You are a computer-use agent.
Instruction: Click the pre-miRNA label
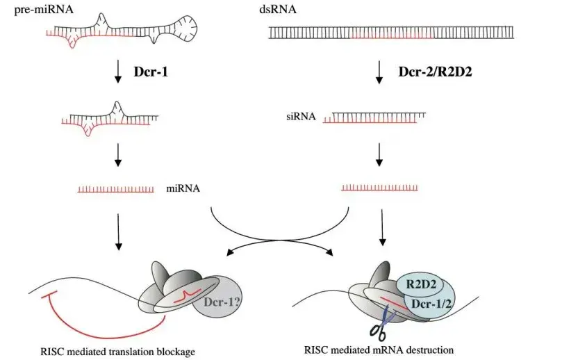coord(44,9)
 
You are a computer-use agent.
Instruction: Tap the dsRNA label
coord(278,9)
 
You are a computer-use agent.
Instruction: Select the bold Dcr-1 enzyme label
coord(151,72)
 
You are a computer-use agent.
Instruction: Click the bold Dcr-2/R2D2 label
coord(435,72)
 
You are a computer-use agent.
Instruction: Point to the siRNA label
coord(301,116)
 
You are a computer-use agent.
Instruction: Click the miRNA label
coord(183,188)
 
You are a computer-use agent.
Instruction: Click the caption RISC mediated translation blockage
coord(117,352)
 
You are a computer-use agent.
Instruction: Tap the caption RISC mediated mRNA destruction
coord(379,350)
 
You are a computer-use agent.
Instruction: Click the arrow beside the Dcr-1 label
coord(117,73)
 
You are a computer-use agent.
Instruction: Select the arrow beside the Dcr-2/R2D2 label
coord(379,73)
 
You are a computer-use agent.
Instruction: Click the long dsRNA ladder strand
coord(391,32)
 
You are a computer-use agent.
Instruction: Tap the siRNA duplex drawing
coord(374,117)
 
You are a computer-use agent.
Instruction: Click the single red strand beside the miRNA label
coord(116,189)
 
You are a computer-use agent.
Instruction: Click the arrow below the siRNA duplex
coord(379,155)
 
